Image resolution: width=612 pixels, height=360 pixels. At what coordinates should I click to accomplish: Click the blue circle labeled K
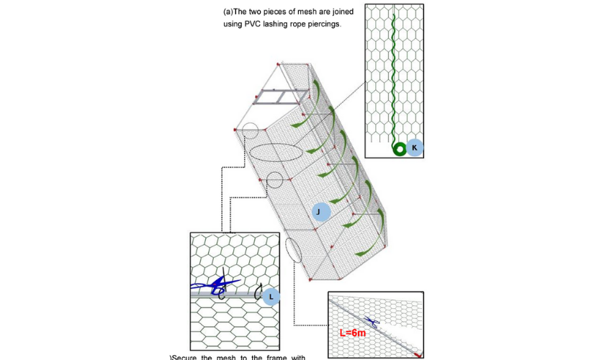click(x=414, y=148)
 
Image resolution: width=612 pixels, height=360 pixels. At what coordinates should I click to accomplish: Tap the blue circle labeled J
click(x=320, y=212)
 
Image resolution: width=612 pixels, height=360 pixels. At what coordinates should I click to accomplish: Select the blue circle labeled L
click(x=271, y=296)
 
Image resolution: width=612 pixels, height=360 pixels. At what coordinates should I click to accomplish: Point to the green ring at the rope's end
click(x=398, y=148)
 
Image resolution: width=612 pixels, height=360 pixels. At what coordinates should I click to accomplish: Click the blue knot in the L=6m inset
click(x=371, y=322)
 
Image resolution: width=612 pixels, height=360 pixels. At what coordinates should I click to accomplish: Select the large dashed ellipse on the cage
click(x=276, y=153)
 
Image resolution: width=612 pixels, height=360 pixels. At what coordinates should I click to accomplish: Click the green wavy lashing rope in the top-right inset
click(x=392, y=72)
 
